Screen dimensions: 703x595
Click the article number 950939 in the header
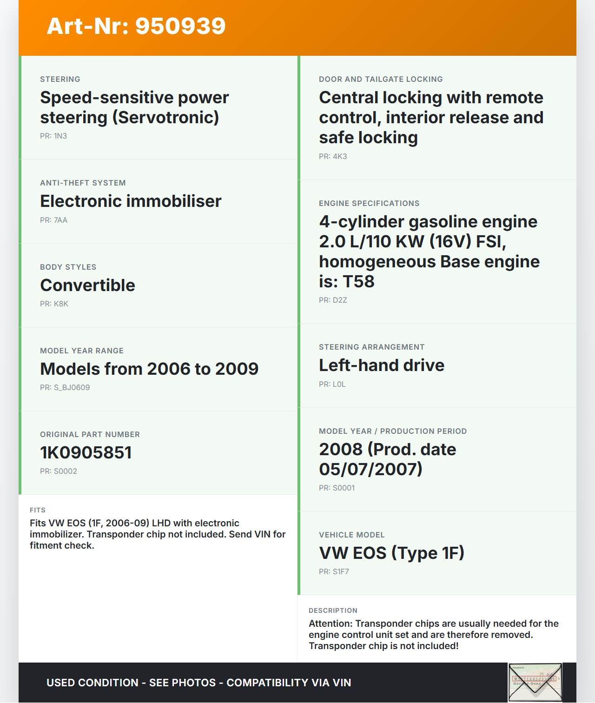(180, 26)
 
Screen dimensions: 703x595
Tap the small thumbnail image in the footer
(535, 682)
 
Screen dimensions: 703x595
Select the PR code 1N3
(60, 136)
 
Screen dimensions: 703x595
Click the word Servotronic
(166, 118)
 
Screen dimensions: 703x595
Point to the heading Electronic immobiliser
(131, 201)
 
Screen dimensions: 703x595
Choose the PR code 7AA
(60, 220)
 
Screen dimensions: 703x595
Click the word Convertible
(87, 285)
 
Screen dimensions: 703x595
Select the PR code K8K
(61, 304)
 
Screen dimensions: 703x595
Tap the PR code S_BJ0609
(72, 387)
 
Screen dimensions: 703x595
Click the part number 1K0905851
(86, 452)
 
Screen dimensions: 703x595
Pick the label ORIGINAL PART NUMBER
(90, 434)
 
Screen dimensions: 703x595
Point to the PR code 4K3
(340, 156)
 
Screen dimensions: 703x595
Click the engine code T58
(358, 282)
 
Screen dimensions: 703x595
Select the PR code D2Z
(340, 300)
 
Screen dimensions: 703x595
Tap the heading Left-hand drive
(382, 365)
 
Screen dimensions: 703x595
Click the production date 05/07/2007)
(370, 469)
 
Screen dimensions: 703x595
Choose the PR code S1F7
(341, 571)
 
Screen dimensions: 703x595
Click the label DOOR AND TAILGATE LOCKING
(381, 79)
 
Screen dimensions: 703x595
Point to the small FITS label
(38, 510)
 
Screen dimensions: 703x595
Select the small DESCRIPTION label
(333, 610)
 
